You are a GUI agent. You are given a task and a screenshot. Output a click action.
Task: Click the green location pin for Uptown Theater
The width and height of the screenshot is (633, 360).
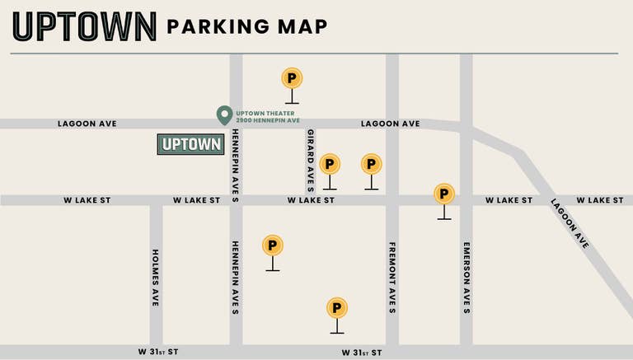point(223,115)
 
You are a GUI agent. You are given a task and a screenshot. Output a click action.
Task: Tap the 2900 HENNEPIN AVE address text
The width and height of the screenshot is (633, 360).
point(267,121)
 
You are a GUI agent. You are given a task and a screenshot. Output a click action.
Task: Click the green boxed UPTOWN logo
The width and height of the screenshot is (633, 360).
point(190,144)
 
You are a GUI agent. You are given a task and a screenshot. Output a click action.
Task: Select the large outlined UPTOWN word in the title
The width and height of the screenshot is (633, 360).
point(85,27)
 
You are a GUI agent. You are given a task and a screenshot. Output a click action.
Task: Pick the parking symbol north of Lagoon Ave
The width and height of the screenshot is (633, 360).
point(292,79)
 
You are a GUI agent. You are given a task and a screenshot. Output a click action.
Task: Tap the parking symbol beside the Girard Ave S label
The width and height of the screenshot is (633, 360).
point(330,165)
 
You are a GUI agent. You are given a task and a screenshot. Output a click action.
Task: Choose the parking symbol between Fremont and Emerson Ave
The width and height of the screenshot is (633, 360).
point(444,195)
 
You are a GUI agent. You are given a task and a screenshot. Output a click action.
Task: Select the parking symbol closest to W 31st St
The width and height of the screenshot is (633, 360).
point(336,309)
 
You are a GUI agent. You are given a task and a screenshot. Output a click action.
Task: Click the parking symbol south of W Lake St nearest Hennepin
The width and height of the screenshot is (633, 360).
point(272,246)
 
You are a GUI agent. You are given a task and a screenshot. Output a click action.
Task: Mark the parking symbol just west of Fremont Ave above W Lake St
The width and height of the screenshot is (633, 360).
point(372,165)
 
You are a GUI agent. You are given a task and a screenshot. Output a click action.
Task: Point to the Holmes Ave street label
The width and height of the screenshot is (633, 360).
point(155,278)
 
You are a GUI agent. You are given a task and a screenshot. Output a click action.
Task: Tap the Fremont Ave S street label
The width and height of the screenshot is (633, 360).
point(392,278)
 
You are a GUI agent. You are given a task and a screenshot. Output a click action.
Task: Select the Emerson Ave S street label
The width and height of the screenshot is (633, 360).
point(467,278)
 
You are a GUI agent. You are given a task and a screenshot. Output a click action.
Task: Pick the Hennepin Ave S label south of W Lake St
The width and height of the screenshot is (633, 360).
point(236,278)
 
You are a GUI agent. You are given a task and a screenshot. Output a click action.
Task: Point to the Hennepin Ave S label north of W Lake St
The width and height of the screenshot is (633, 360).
point(236,161)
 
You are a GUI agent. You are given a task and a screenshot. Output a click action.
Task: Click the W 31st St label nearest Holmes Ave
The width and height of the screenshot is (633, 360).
point(158,352)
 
